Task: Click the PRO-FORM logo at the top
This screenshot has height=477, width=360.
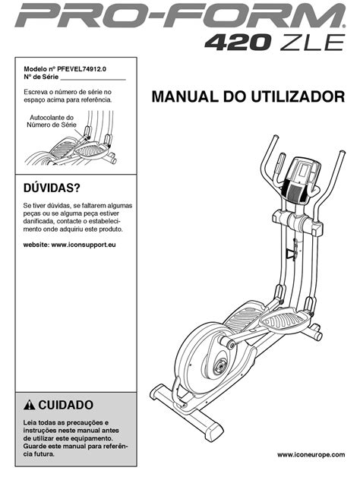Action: [x=179, y=15]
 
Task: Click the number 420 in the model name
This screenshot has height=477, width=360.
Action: [x=238, y=43]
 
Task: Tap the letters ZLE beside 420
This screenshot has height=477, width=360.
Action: [x=312, y=43]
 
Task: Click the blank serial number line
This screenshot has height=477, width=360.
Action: [x=93, y=80]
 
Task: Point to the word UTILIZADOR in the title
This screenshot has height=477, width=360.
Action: [x=298, y=96]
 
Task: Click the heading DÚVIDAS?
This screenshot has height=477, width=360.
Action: [x=52, y=188]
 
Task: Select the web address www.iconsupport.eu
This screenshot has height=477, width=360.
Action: [x=84, y=245]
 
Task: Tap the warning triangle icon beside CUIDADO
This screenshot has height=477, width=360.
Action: [x=29, y=405]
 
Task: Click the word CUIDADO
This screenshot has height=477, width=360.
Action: [x=66, y=405]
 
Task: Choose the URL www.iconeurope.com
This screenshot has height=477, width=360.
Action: [x=311, y=455]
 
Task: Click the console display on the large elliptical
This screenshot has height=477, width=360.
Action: [x=304, y=169]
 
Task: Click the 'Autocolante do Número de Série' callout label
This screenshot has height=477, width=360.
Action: [x=52, y=121]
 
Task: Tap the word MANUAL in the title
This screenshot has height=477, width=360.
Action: [x=185, y=96]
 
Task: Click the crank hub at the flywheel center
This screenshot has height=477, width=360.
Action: [x=219, y=366]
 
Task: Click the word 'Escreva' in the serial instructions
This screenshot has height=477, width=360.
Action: [x=33, y=92]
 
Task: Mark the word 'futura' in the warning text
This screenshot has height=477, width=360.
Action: [x=44, y=454]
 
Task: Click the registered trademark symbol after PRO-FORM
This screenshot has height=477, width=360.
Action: [x=344, y=27]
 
